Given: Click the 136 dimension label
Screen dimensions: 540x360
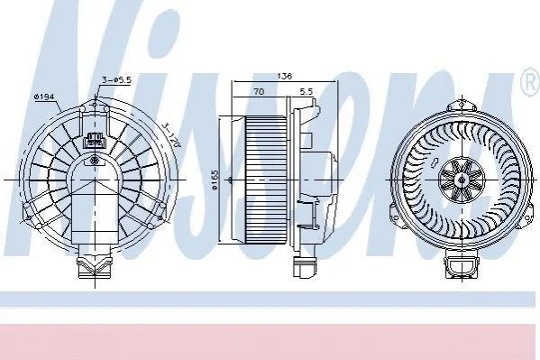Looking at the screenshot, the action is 284,76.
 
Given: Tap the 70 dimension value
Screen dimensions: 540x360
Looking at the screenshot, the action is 259,91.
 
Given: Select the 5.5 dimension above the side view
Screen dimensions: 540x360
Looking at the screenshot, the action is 307,91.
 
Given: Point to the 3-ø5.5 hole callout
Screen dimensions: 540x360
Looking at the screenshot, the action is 117,80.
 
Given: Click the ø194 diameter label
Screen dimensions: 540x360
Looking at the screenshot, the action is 44,97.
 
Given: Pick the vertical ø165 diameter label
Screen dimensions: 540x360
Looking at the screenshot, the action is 215,180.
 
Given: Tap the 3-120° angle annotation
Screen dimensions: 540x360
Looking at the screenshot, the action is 171,134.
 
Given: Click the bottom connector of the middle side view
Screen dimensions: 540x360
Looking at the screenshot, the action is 304,266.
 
